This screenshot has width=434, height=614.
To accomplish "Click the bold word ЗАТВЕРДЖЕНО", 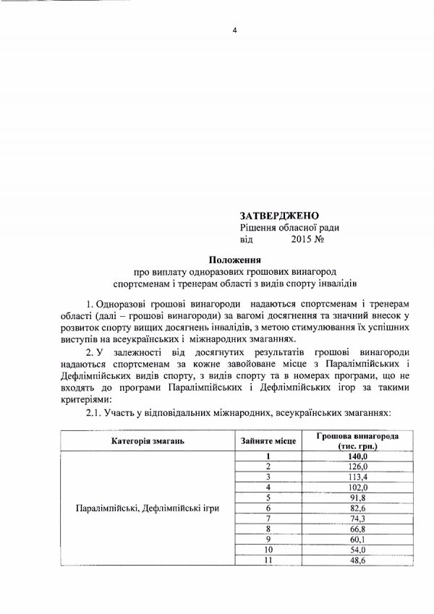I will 278,216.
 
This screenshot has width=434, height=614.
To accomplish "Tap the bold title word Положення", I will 234,259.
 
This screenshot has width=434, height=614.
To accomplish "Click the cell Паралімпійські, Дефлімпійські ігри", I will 147,508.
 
